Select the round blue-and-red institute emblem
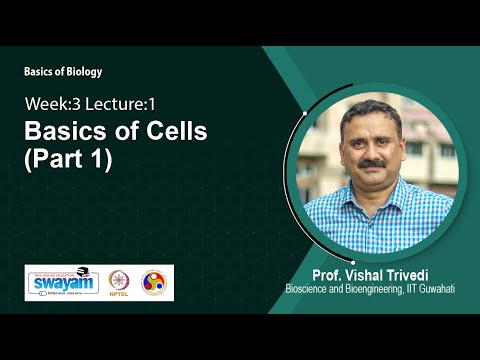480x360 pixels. pyautogui.click(x=155, y=283)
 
